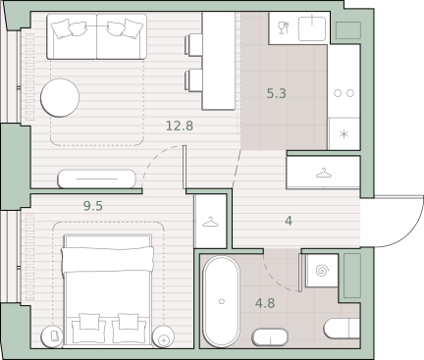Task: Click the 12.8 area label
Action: [x=180, y=126]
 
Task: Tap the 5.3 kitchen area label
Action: [x=277, y=93]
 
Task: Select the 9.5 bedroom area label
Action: [x=93, y=206]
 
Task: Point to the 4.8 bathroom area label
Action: [x=265, y=303]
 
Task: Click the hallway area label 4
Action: [x=289, y=221]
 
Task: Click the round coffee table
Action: [x=60, y=97]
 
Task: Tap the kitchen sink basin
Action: [x=312, y=28]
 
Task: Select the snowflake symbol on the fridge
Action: [x=344, y=134]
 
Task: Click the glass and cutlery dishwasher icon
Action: [x=284, y=27]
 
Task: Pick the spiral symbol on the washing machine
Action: [x=322, y=271]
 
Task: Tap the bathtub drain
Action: [x=222, y=301]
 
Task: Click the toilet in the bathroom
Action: [x=342, y=328]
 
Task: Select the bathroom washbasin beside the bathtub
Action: [x=270, y=337]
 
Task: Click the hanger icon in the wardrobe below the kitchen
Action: [x=324, y=173]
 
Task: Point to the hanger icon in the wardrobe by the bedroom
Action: [x=210, y=223]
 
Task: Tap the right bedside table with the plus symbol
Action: [x=163, y=336]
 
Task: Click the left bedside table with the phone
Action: [x=52, y=336]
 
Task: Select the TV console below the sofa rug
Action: [x=96, y=179]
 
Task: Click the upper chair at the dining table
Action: [x=192, y=44]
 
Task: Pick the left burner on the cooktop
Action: [x=338, y=93]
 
